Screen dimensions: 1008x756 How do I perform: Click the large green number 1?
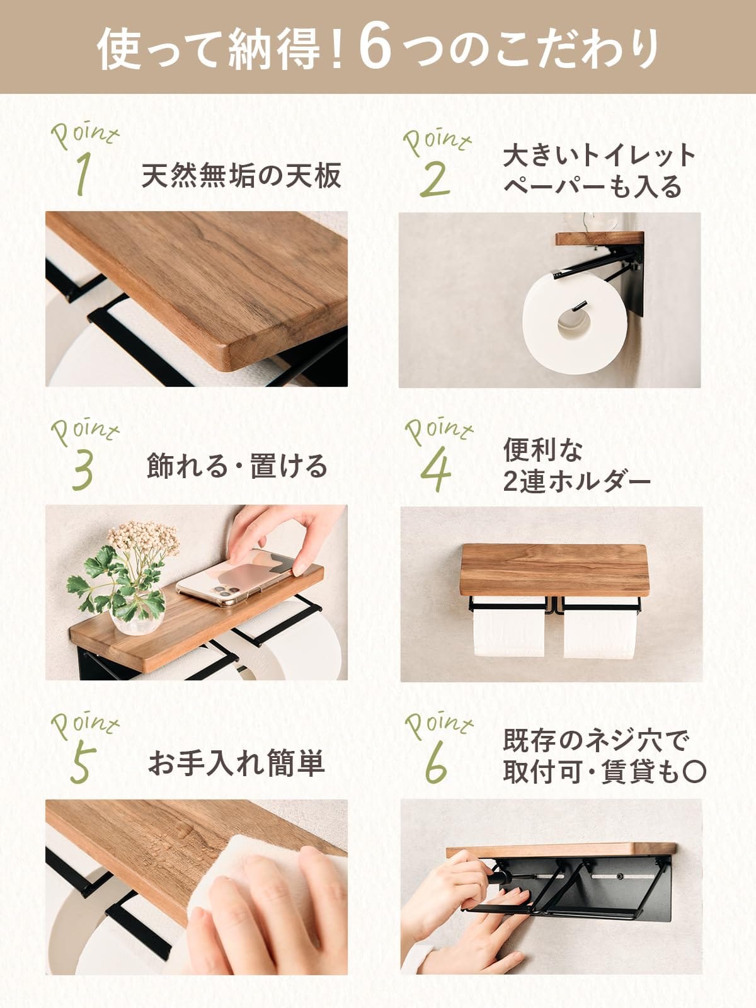click(x=81, y=175)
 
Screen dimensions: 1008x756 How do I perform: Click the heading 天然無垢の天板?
click(x=241, y=176)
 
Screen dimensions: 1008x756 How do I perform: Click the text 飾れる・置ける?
click(x=238, y=467)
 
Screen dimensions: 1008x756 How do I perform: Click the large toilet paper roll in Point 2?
click(x=574, y=324)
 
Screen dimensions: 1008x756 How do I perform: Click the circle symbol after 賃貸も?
click(x=694, y=772)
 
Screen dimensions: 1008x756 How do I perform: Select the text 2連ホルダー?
click(x=576, y=483)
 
